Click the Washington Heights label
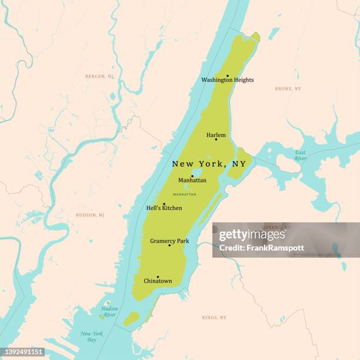(228, 80)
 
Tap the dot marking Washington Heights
(228, 76)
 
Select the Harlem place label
(216, 135)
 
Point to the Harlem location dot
(216, 139)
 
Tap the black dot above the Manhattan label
(192, 176)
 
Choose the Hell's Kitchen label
(164, 208)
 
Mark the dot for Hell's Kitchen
(164, 204)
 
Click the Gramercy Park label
(169, 241)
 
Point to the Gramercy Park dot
(169, 245)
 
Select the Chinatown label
(158, 281)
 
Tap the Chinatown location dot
(158, 277)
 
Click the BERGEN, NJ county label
(99, 76)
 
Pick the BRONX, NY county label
(288, 89)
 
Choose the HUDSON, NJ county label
(90, 215)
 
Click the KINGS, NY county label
(214, 318)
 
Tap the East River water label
(300, 155)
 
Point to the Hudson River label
(109, 311)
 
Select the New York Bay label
(92, 337)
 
